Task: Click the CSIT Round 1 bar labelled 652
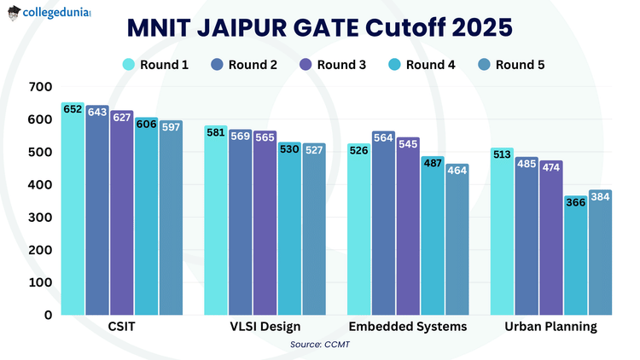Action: [73, 209]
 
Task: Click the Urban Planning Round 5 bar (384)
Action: [600, 253]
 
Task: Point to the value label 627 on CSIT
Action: [122, 118]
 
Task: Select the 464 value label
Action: [457, 171]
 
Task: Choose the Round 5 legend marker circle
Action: [484, 65]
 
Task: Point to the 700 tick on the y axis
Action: [40, 87]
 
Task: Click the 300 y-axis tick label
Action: [40, 218]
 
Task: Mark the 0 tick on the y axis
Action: [48, 315]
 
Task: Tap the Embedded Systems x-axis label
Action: [408, 328]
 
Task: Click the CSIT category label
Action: [122, 328]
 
